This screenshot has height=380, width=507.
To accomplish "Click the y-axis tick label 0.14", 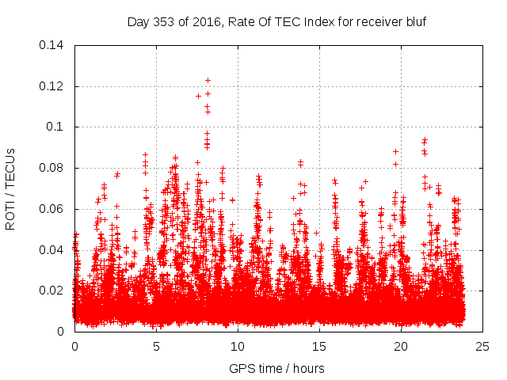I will point(52,45).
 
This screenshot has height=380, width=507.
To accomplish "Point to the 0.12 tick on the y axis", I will point(52,86).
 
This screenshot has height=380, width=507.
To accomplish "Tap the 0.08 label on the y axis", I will point(52,168).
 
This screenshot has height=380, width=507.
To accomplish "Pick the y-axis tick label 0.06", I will point(52,209).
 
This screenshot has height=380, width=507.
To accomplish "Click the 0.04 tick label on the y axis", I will point(52,250).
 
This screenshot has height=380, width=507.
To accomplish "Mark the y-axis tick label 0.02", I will point(52,291).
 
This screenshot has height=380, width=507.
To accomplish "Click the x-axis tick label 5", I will point(156,346).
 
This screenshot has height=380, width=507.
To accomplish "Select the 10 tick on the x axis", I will point(238,346).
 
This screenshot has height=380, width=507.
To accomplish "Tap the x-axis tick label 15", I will point(319,346).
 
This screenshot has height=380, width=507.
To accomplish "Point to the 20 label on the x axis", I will point(401,346).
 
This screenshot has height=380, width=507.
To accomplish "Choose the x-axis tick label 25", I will point(482,346).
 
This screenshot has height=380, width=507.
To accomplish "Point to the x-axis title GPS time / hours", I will point(276,368).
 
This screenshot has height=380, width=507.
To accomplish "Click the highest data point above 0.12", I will point(208,80).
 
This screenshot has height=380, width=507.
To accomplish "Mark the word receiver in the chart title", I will point(377,22).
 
